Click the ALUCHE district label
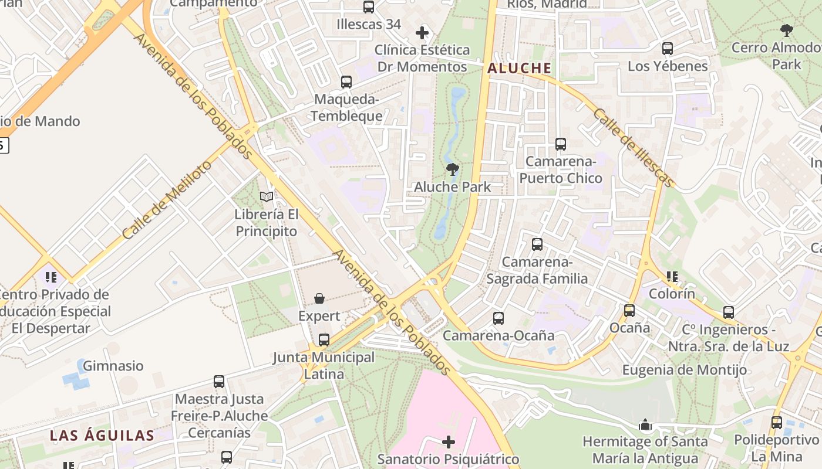click(x=519, y=68)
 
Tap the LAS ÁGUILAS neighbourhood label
click(x=102, y=436)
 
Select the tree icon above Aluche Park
click(x=452, y=170)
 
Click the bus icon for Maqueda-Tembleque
click(x=346, y=82)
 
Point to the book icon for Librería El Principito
click(x=267, y=197)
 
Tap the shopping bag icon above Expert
click(x=319, y=299)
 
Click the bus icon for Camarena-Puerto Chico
click(x=561, y=144)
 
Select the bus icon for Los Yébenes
click(x=668, y=49)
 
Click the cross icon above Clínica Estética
click(x=422, y=33)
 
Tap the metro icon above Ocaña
click(x=629, y=310)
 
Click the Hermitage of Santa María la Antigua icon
click(x=645, y=424)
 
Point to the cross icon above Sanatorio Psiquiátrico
click(x=449, y=441)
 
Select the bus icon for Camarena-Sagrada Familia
click(x=537, y=244)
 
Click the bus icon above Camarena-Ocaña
click(x=498, y=318)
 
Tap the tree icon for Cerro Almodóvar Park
click(x=787, y=30)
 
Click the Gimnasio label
click(x=113, y=366)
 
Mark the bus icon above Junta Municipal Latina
click(x=324, y=340)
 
